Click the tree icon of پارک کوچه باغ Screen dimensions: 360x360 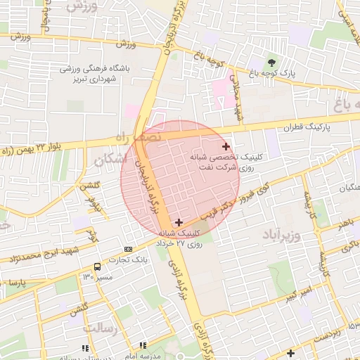[271, 61]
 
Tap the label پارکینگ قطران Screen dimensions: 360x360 [288, 129]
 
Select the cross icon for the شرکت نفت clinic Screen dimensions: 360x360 [226, 147]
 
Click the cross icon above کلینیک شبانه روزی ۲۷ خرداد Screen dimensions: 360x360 [179, 222]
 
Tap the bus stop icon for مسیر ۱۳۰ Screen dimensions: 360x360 [97, 266]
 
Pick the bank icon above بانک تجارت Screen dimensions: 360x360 [128, 249]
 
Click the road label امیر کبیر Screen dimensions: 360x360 [300, 295]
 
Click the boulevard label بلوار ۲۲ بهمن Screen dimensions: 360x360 [32, 146]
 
